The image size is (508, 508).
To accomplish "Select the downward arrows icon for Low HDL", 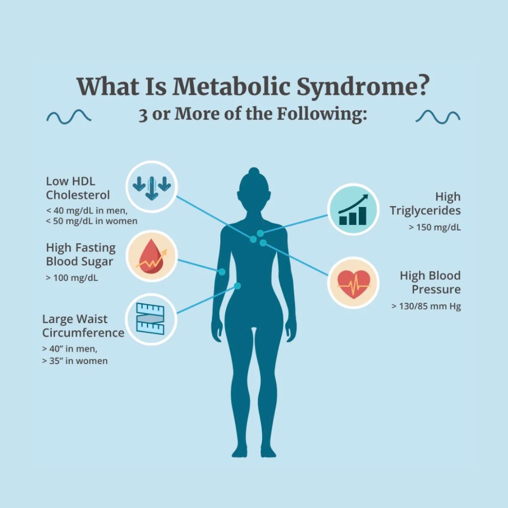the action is coord(151,187).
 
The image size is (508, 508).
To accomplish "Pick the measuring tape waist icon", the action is coord(151,319).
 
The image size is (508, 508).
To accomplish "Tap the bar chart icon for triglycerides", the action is coord(353,209).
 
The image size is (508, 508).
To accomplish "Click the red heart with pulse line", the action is coord(353,283).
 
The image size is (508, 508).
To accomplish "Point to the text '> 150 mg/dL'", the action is coord(435,228).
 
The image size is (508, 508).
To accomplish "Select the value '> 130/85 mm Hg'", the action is coord(426,306).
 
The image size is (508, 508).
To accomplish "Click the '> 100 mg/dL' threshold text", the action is coord(72,278).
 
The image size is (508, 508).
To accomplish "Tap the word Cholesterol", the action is coord(78,195).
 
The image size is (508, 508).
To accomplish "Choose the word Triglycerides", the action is coord(425,211).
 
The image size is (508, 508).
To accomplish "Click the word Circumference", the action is coord(83,333).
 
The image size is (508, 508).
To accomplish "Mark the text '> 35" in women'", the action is coord(75,361).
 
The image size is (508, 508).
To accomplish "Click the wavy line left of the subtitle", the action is coord(69,116).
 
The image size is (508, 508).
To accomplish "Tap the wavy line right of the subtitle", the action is coord(438,116).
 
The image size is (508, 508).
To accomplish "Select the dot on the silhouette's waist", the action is coord(238,286).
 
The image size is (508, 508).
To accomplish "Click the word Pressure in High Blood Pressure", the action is coord(436,289).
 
